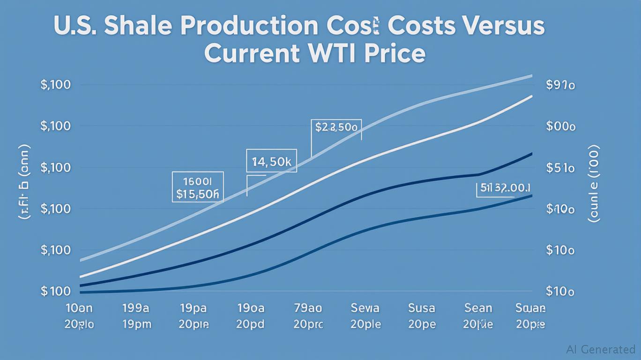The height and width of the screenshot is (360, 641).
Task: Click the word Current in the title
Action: (x=251, y=54)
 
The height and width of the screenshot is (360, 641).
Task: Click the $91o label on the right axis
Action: (x=560, y=85)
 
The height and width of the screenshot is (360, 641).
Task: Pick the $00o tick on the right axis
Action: (x=560, y=127)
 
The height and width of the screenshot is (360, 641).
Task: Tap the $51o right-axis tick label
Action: (x=560, y=168)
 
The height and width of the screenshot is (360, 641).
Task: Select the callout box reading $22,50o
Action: (x=336, y=127)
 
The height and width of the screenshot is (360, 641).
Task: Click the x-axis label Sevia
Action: (x=365, y=308)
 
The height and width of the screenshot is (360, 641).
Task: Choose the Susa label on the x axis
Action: (x=422, y=308)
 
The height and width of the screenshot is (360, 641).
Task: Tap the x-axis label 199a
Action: (x=135, y=308)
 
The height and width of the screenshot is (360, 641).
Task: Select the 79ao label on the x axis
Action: (x=308, y=308)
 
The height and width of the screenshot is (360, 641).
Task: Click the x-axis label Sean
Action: (x=478, y=308)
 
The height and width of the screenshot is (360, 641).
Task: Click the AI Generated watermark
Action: (x=600, y=349)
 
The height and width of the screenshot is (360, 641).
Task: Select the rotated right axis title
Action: (x=593, y=183)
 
